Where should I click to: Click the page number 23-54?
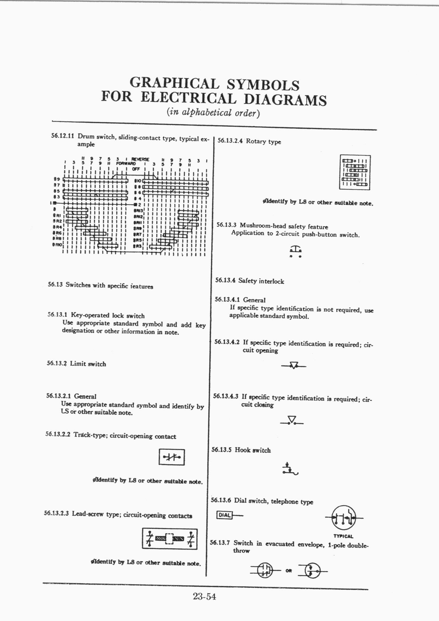pyautogui.click(x=204, y=596)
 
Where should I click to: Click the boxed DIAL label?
pyautogui.click(x=225, y=515)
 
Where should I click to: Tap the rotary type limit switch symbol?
pyautogui.click(x=355, y=172)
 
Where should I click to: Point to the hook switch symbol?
pyautogui.click(x=290, y=469)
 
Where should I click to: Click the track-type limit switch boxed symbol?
pyautogui.click(x=172, y=457)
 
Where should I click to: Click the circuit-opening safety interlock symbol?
pyautogui.click(x=293, y=366)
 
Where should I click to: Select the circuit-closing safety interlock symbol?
pyautogui.click(x=292, y=421)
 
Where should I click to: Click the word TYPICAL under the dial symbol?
pyautogui.click(x=343, y=536)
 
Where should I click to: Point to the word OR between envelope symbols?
pyautogui.click(x=289, y=571)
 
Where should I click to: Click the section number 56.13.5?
pyautogui.click(x=221, y=450)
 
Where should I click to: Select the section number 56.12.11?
pyautogui.click(x=62, y=136)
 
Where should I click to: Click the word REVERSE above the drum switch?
pyautogui.click(x=140, y=159)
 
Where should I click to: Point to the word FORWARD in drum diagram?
pyautogui.click(x=126, y=163)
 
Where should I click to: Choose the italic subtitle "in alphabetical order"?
pyautogui.click(x=213, y=113)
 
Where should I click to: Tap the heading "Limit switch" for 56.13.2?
pyautogui.click(x=88, y=364)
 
